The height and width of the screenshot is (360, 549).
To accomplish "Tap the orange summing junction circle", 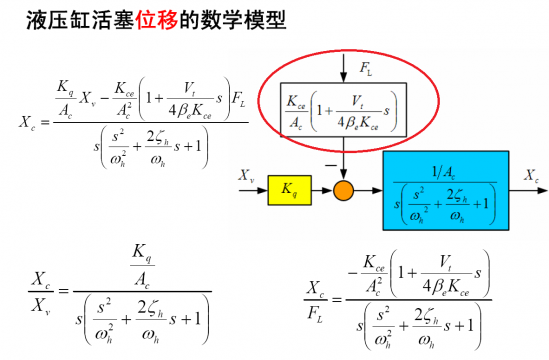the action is click(x=344, y=188).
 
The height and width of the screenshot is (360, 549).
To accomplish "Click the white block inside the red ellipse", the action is click(x=342, y=108).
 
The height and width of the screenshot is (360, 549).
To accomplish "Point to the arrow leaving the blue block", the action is click(x=521, y=188).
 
